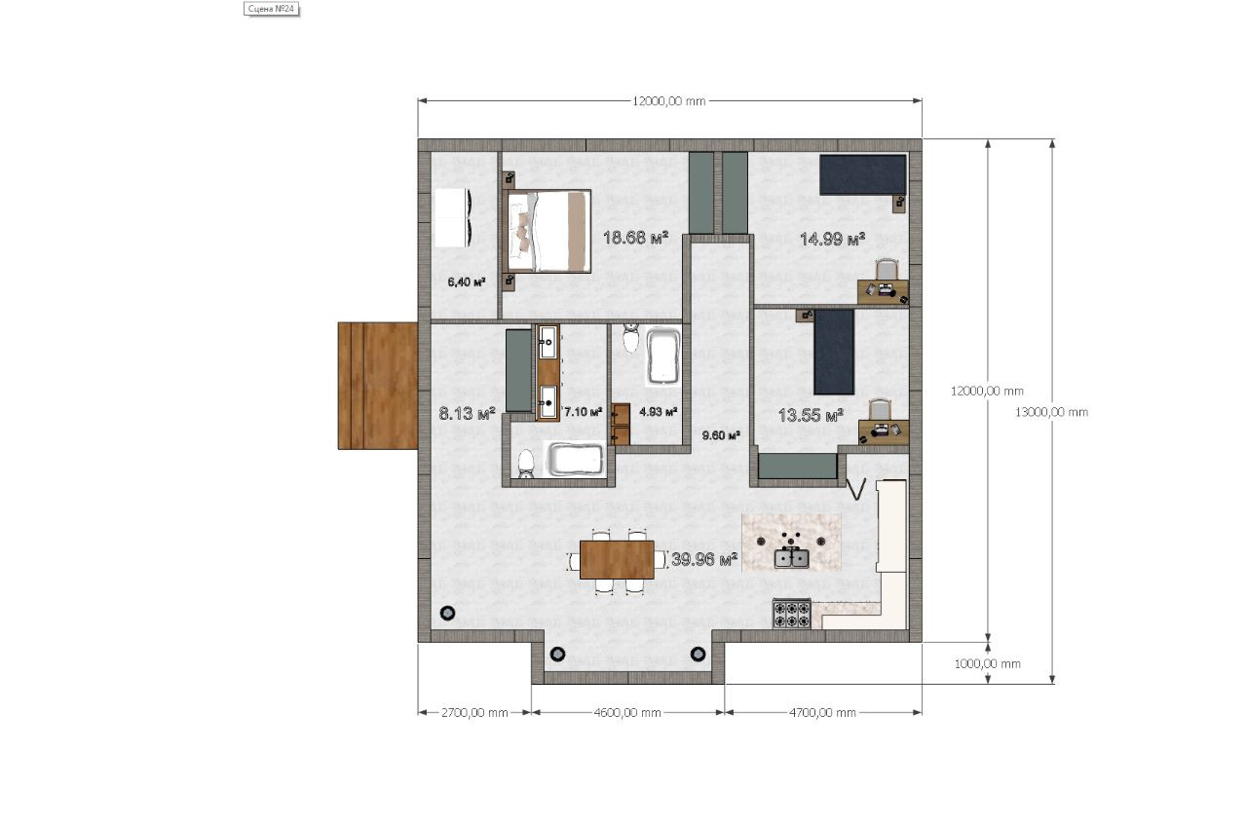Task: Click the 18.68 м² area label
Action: click(x=635, y=239)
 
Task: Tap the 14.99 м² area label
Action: click(x=832, y=240)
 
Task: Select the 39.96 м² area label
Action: click(x=704, y=559)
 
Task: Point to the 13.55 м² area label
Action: click(x=811, y=415)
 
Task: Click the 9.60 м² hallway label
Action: click(x=721, y=435)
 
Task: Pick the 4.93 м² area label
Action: click(x=658, y=412)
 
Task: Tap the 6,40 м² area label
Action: click(x=467, y=282)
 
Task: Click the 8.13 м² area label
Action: click(x=467, y=414)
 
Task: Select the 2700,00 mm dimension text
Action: click(x=474, y=713)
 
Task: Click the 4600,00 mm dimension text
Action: click(x=627, y=713)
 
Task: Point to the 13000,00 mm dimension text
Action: click(x=1051, y=413)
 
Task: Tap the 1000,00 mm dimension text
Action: click(x=988, y=663)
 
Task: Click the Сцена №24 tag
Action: click(x=272, y=9)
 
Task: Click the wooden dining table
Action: click(x=617, y=560)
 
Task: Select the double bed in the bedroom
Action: click(x=548, y=231)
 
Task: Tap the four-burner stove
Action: click(x=792, y=614)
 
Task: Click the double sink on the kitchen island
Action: click(x=792, y=557)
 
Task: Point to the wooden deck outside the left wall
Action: click(x=378, y=386)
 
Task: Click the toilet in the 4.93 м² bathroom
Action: click(x=630, y=337)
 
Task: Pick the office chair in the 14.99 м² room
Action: click(x=887, y=270)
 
